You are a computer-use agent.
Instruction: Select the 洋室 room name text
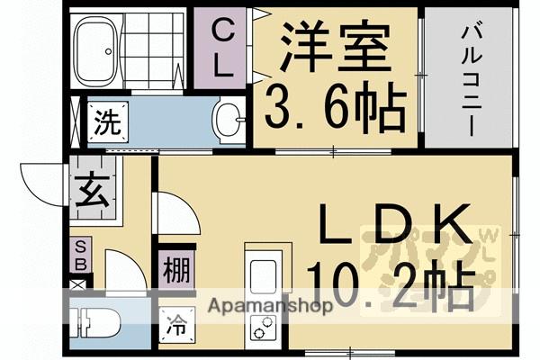coord(335,46)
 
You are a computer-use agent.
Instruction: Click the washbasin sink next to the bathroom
coord(230,119)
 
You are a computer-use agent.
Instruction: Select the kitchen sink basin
coord(264,275)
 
